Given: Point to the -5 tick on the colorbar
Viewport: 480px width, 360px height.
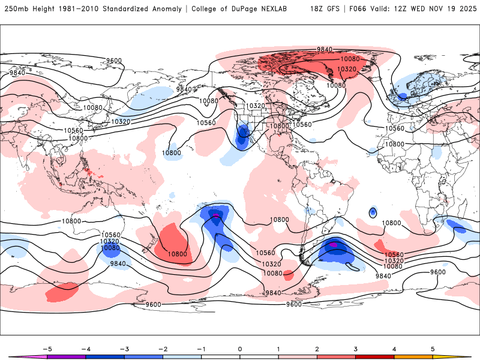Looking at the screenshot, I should [x=47, y=348].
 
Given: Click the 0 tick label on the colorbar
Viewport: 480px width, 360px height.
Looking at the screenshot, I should [x=240, y=348].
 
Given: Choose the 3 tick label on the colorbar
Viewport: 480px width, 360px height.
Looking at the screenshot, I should [x=355, y=348].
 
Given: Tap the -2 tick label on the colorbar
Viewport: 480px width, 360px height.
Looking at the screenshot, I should [x=163, y=348].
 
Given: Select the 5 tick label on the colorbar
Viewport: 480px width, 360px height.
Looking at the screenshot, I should [x=432, y=348].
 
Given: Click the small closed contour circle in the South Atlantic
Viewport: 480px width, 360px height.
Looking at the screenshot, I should [x=373, y=212].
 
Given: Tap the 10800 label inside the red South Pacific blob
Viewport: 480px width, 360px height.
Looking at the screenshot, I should [x=177, y=254].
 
